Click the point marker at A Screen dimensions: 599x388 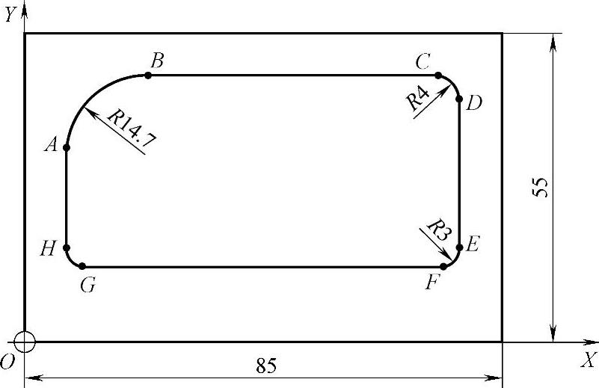[x=67, y=148]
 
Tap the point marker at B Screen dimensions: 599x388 [x=148, y=76]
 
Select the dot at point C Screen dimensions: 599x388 [x=438, y=76]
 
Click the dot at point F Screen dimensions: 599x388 [x=443, y=266]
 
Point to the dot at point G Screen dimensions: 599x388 [x=82, y=266]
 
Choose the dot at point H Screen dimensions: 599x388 [x=67, y=247]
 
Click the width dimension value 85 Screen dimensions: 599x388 [x=266, y=366]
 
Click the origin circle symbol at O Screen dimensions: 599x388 [x=25, y=342]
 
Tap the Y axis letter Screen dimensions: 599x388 [x=9, y=15]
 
